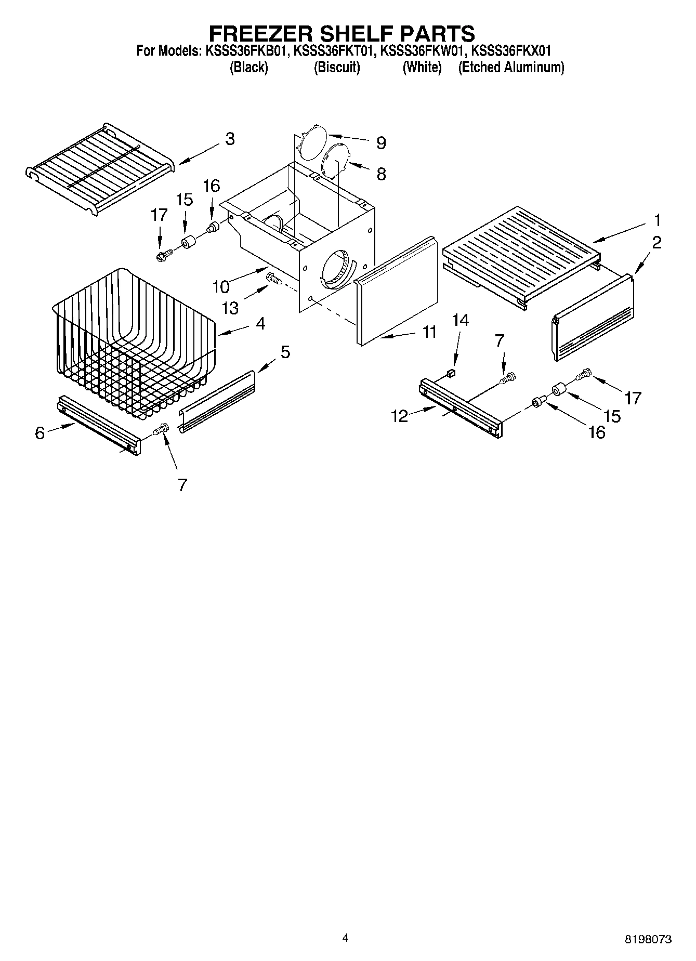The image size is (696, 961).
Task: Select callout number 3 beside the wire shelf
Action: (x=229, y=139)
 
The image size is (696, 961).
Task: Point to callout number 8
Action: (x=381, y=174)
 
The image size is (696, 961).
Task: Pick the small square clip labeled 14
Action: (x=452, y=372)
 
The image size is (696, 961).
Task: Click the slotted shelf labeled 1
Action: (x=520, y=249)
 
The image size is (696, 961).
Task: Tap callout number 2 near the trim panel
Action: (x=656, y=242)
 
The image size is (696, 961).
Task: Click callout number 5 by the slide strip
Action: (x=285, y=352)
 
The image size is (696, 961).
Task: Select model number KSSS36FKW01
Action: (x=421, y=51)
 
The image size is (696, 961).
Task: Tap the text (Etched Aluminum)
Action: (x=510, y=68)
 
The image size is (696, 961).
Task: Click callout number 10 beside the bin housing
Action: (x=221, y=286)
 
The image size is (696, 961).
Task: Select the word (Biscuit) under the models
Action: (x=336, y=68)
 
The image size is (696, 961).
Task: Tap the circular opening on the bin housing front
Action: (x=335, y=268)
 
